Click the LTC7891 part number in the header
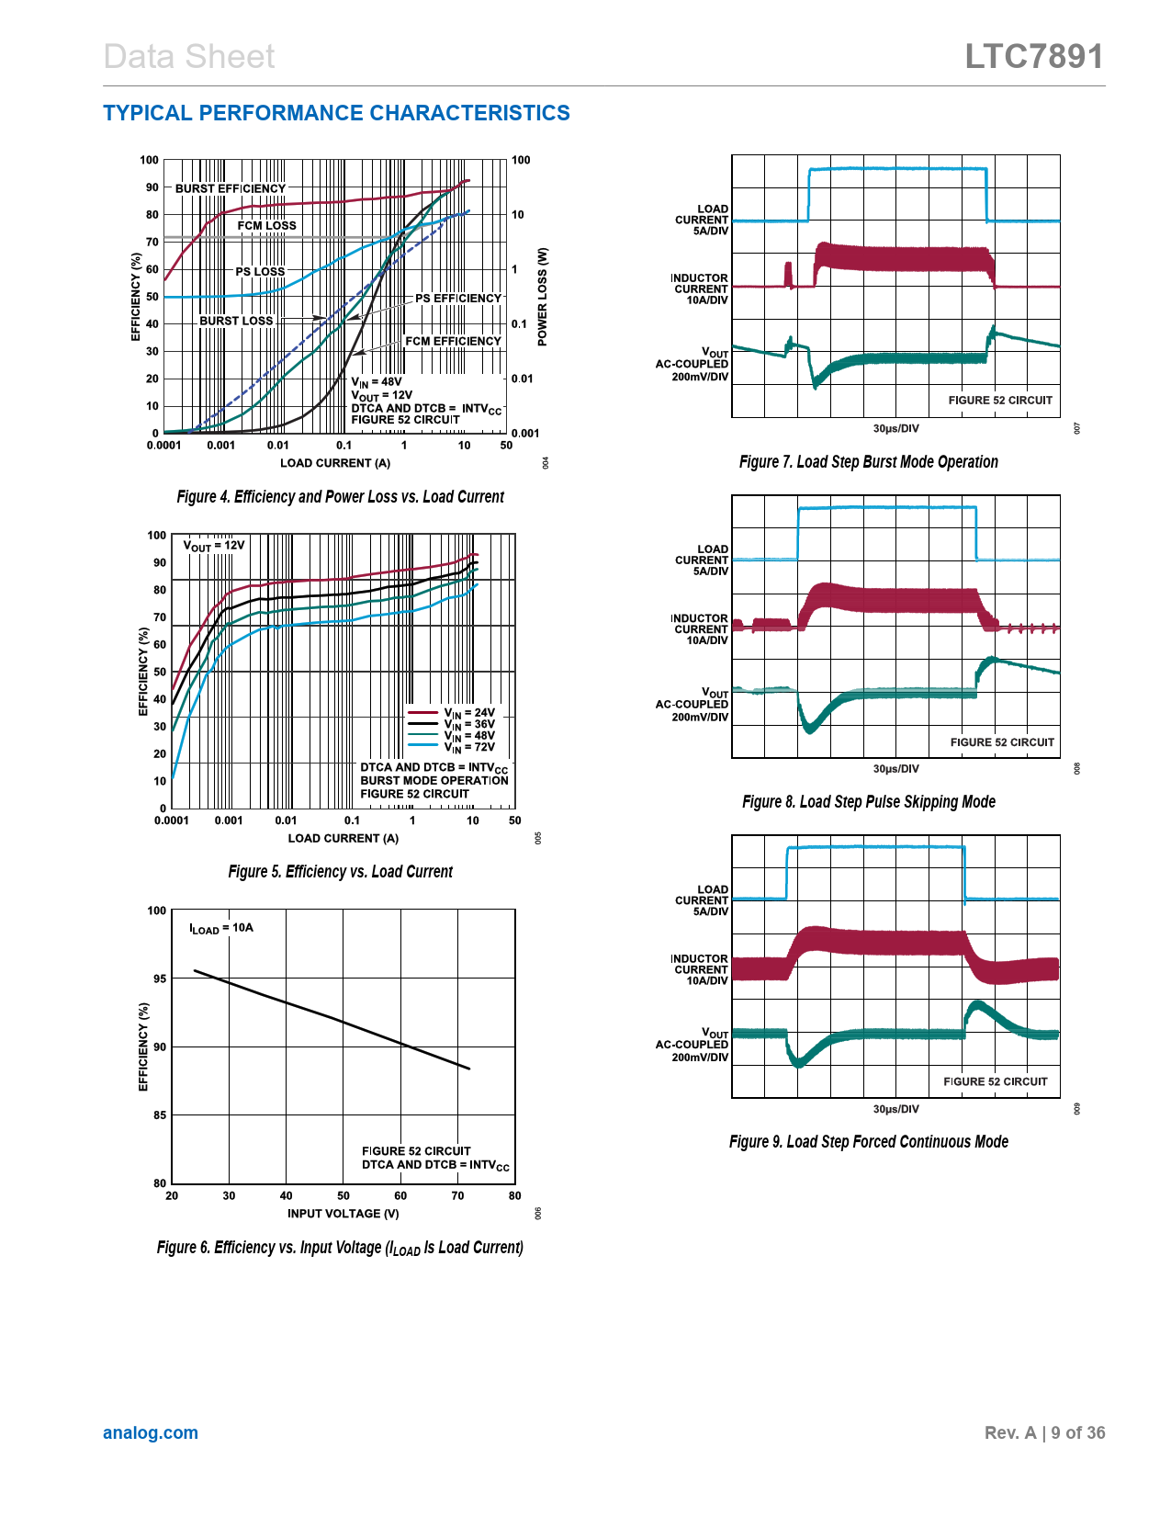1033,57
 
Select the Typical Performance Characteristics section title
336,113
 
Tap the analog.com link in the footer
151,1432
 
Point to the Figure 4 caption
340,497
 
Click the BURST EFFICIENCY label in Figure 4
231,188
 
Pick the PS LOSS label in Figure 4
260,271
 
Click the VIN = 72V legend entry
468,747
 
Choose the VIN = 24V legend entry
468,713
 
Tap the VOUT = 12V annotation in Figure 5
214,546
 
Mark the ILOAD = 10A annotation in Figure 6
221,928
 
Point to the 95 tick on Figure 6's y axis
160,979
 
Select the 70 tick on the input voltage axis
457,1195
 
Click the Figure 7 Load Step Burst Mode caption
868,462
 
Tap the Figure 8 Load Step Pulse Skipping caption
868,802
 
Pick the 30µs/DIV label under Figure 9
895,1109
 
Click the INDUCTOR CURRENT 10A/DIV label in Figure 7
700,288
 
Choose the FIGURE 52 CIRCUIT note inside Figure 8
1002,742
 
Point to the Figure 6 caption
340,1248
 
